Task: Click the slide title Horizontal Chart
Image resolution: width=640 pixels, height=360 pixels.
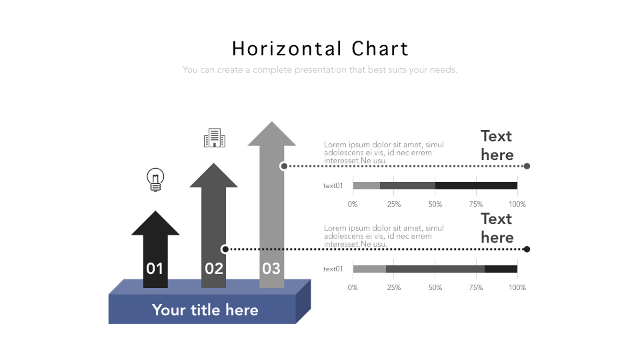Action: click(x=320, y=49)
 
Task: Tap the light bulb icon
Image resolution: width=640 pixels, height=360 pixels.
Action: click(x=155, y=180)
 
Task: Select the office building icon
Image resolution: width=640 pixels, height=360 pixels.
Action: click(x=214, y=138)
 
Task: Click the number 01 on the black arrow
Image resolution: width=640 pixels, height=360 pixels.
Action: click(x=155, y=269)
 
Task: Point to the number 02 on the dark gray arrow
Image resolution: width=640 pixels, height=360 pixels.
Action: click(x=214, y=269)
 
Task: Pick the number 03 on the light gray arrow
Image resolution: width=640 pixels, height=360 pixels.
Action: click(x=271, y=269)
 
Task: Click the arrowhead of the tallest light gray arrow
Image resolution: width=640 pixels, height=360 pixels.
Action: click(x=272, y=134)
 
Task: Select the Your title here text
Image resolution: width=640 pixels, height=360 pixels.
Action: click(x=205, y=310)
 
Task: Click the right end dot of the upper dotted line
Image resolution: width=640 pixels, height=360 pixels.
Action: click(x=527, y=166)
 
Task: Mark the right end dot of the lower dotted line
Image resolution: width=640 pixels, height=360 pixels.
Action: click(x=527, y=249)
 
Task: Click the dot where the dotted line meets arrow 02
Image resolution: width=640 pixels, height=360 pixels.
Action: click(x=225, y=249)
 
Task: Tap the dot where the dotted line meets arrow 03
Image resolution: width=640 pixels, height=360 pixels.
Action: click(x=284, y=166)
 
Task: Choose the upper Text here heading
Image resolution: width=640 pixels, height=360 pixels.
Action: click(x=497, y=145)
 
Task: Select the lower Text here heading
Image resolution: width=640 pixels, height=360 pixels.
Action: click(x=497, y=228)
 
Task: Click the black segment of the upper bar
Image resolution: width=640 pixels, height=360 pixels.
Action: click(x=476, y=186)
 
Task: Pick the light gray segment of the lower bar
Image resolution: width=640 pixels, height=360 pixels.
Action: click(x=369, y=269)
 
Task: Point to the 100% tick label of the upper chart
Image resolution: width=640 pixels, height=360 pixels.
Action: click(x=517, y=205)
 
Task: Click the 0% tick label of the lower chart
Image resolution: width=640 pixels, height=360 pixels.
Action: click(x=353, y=287)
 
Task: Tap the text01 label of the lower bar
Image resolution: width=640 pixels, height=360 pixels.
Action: click(x=333, y=269)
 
